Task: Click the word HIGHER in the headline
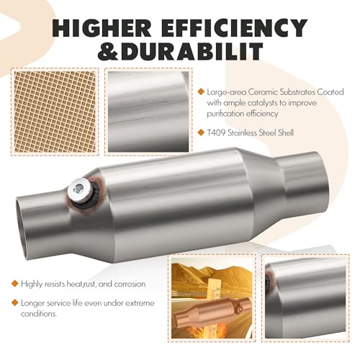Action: point(102,28)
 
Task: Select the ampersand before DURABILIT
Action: point(108,51)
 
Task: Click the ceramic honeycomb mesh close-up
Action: point(55,112)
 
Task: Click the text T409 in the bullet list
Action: point(216,132)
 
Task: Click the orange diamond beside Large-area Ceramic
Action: point(201,91)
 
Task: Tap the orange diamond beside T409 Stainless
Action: point(201,132)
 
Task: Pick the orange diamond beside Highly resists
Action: point(15,284)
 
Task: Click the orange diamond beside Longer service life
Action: point(15,302)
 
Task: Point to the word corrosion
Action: point(130,284)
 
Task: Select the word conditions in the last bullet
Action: point(38,314)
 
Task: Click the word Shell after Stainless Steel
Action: point(286,132)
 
